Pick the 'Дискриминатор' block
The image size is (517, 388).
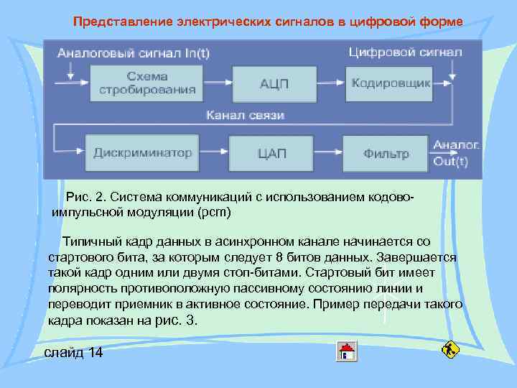tap(143, 153)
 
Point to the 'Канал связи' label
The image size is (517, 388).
tap(246, 115)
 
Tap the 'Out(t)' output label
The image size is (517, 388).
tap(451, 161)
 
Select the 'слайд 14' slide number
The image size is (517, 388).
tap(74, 352)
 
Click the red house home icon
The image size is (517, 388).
tap(347, 351)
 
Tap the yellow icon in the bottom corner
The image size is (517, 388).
tap(451, 351)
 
